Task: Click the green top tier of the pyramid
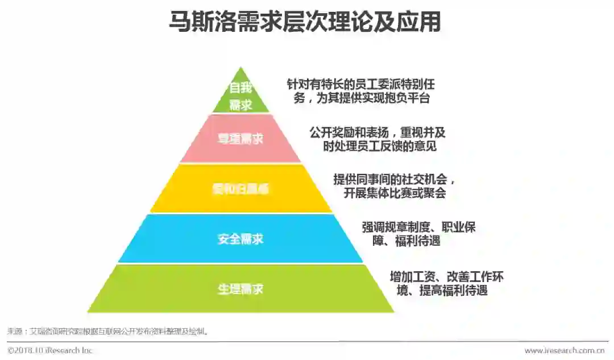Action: pyautogui.click(x=241, y=98)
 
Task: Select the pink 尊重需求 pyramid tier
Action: pyautogui.click(x=240, y=138)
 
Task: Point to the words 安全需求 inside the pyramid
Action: pyautogui.click(x=240, y=239)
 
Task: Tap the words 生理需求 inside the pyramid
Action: pyautogui.click(x=240, y=289)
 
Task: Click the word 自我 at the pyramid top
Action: pyautogui.click(x=240, y=88)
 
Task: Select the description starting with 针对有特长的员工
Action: pyautogui.click(x=361, y=91)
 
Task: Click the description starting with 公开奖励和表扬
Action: pyautogui.click(x=377, y=139)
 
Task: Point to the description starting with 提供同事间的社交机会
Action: pyautogui.click(x=395, y=187)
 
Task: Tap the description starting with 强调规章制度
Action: pyautogui.click(x=418, y=234)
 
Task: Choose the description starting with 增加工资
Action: pyautogui.click(x=447, y=283)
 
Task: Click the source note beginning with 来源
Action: pyautogui.click(x=108, y=330)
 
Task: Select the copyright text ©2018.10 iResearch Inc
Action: pyautogui.click(x=50, y=350)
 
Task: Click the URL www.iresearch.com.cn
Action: pyautogui.click(x=564, y=350)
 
